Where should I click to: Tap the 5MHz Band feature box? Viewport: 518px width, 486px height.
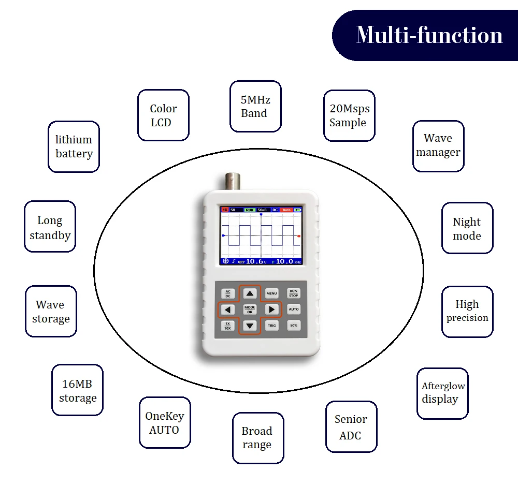255,106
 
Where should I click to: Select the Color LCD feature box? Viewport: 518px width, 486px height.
163,115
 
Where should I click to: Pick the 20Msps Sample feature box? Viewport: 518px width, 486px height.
349,115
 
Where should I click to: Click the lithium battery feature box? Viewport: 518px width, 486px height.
74,146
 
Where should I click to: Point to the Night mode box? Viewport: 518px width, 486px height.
467,228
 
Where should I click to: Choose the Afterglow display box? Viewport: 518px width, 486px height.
442,393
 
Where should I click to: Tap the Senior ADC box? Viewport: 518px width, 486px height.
351,427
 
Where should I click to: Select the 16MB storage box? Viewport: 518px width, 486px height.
77,390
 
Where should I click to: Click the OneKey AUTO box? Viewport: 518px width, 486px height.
165,422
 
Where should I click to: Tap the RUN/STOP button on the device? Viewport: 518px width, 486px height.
294,293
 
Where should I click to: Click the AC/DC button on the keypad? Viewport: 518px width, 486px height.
228,293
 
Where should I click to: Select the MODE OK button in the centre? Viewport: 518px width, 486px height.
250,310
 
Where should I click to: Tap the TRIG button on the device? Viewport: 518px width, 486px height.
272,326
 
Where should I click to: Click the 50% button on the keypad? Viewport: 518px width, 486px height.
294,326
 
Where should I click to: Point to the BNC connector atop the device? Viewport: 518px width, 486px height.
231,182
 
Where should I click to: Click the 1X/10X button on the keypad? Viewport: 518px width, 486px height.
228,326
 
